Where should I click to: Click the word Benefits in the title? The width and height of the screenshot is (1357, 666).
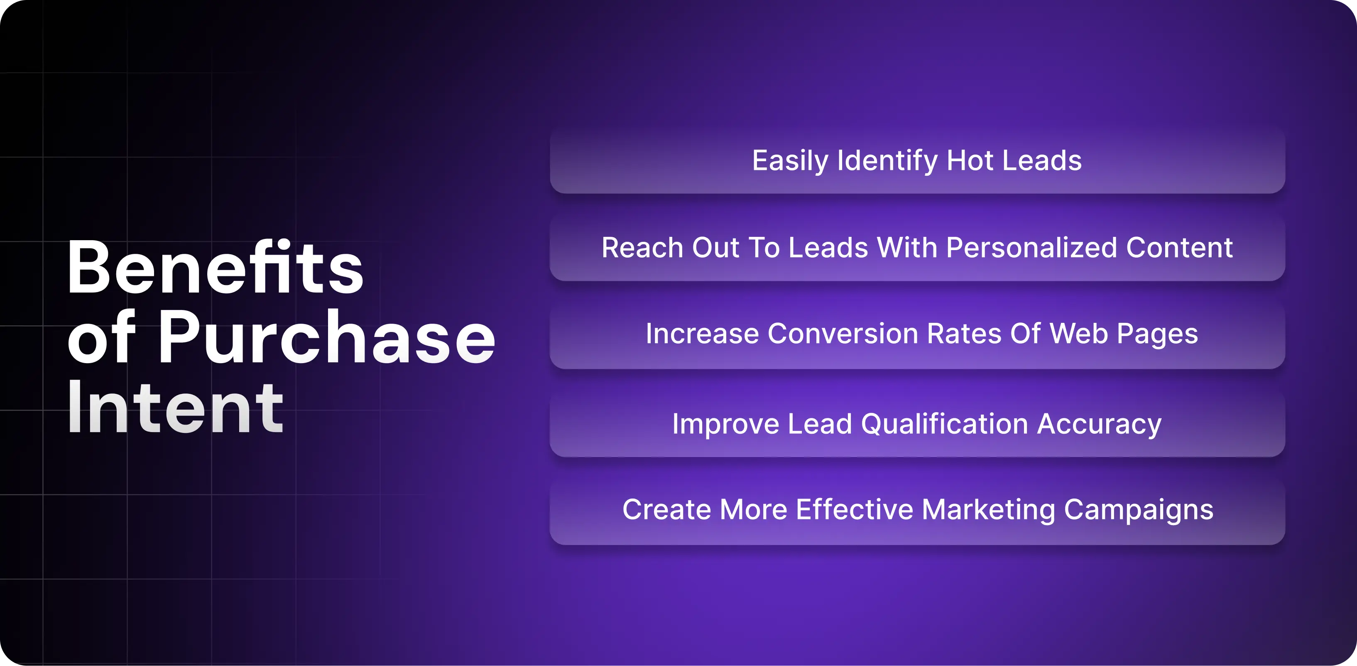point(215,267)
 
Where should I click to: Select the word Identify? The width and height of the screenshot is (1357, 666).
point(887,161)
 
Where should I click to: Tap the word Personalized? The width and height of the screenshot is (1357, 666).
point(1031,248)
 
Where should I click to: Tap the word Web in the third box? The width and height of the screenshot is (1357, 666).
point(1078,334)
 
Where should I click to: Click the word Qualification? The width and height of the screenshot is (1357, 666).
point(944,424)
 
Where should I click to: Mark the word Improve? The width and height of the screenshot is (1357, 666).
point(725,425)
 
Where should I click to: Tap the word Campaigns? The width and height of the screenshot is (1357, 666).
point(1139,510)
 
